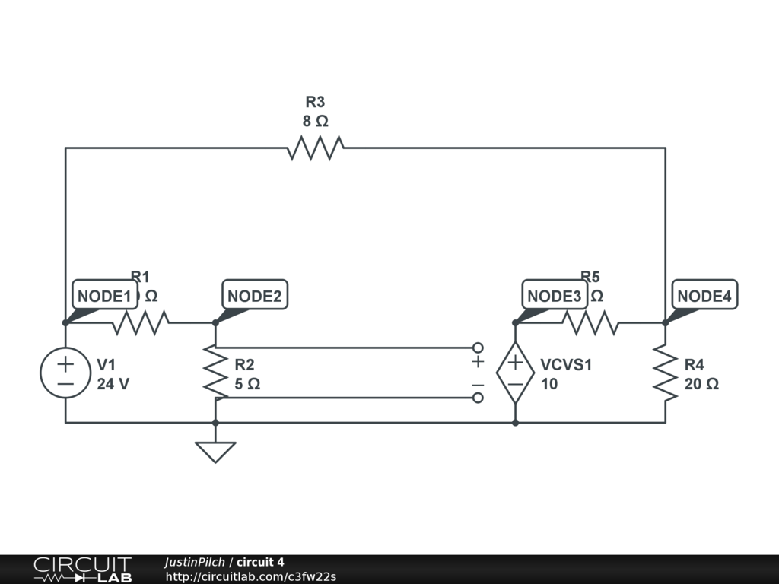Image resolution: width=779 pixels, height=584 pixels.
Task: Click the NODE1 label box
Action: pos(105,296)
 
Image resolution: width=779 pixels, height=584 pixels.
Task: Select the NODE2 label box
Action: pos(254,296)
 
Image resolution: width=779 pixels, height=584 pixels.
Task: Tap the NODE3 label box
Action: pos(554,296)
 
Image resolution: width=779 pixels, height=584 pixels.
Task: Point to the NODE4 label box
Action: pos(704,296)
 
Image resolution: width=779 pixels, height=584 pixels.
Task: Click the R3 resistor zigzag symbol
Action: pos(315,148)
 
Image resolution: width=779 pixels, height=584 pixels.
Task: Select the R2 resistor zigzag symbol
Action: pos(215,373)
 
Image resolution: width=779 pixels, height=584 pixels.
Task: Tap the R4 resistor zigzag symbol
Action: pos(665,373)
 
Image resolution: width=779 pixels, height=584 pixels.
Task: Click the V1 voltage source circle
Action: pos(65,373)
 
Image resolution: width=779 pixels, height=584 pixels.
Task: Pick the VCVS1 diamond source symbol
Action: pos(515,373)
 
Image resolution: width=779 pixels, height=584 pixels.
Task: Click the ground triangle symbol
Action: pos(215,452)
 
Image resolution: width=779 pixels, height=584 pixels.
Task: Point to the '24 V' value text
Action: pos(113,384)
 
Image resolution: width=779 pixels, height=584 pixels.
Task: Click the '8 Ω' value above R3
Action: pos(315,121)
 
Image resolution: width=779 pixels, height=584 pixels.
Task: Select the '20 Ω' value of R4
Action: pos(701,384)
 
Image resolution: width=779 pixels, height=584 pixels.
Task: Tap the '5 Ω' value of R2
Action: pos(247,384)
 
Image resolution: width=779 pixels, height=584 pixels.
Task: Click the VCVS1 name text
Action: pos(566,365)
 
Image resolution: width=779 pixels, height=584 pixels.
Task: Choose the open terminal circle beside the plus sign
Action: pos(478,348)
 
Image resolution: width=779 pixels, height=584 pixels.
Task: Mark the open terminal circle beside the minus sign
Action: pos(478,398)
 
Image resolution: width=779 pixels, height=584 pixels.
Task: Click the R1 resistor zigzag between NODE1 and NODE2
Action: pos(141,323)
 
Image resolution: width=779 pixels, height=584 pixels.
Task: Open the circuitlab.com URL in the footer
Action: pos(251,576)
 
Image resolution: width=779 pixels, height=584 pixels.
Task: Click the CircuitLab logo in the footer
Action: pos(82,570)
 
